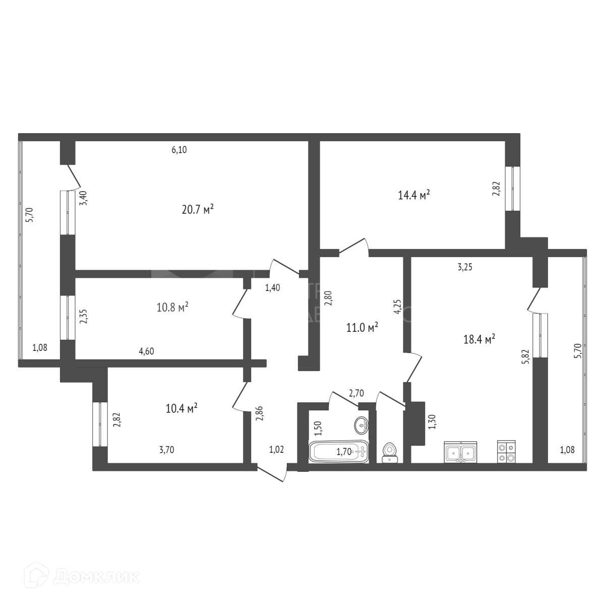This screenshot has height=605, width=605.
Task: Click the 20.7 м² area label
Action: tap(198, 209)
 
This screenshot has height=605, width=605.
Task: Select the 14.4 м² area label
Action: tap(414, 195)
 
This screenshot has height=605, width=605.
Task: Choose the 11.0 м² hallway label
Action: tap(362, 328)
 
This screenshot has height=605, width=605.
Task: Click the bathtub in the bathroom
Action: tap(339, 452)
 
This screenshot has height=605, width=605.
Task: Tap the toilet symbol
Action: tap(389, 452)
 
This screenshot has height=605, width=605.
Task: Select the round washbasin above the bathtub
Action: tap(361, 426)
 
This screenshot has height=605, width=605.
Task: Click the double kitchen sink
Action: tap(460, 452)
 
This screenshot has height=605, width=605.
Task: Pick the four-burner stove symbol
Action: tap(507, 452)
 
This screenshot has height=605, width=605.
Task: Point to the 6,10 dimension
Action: tap(179, 150)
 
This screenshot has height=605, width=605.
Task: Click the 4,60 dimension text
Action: tap(146, 351)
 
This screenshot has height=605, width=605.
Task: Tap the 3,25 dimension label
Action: tap(464, 268)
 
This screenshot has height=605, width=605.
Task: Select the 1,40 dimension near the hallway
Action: tap(272, 288)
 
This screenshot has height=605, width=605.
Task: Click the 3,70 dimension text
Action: tap(166, 450)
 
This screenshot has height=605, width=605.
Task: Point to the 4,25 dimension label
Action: tap(397, 307)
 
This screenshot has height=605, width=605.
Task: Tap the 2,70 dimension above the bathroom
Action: tap(356, 393)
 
